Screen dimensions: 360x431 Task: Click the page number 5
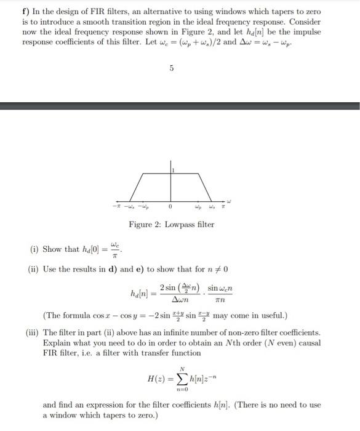click(172, 69)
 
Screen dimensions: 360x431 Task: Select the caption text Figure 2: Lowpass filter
click(172, 224)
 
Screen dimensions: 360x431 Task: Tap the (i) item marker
click(34, 249)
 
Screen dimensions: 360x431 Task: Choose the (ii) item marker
click(34, 268)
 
